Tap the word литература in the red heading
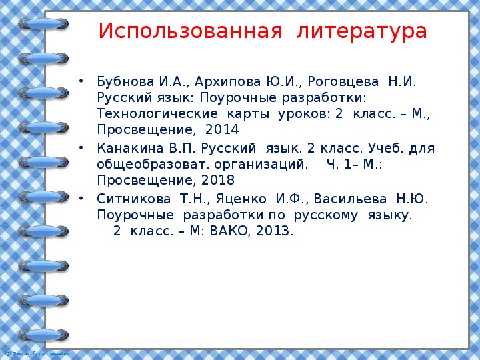pyautogui.click(x=362, y=31)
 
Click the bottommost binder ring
pyautogui.click(x=44, y=335)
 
